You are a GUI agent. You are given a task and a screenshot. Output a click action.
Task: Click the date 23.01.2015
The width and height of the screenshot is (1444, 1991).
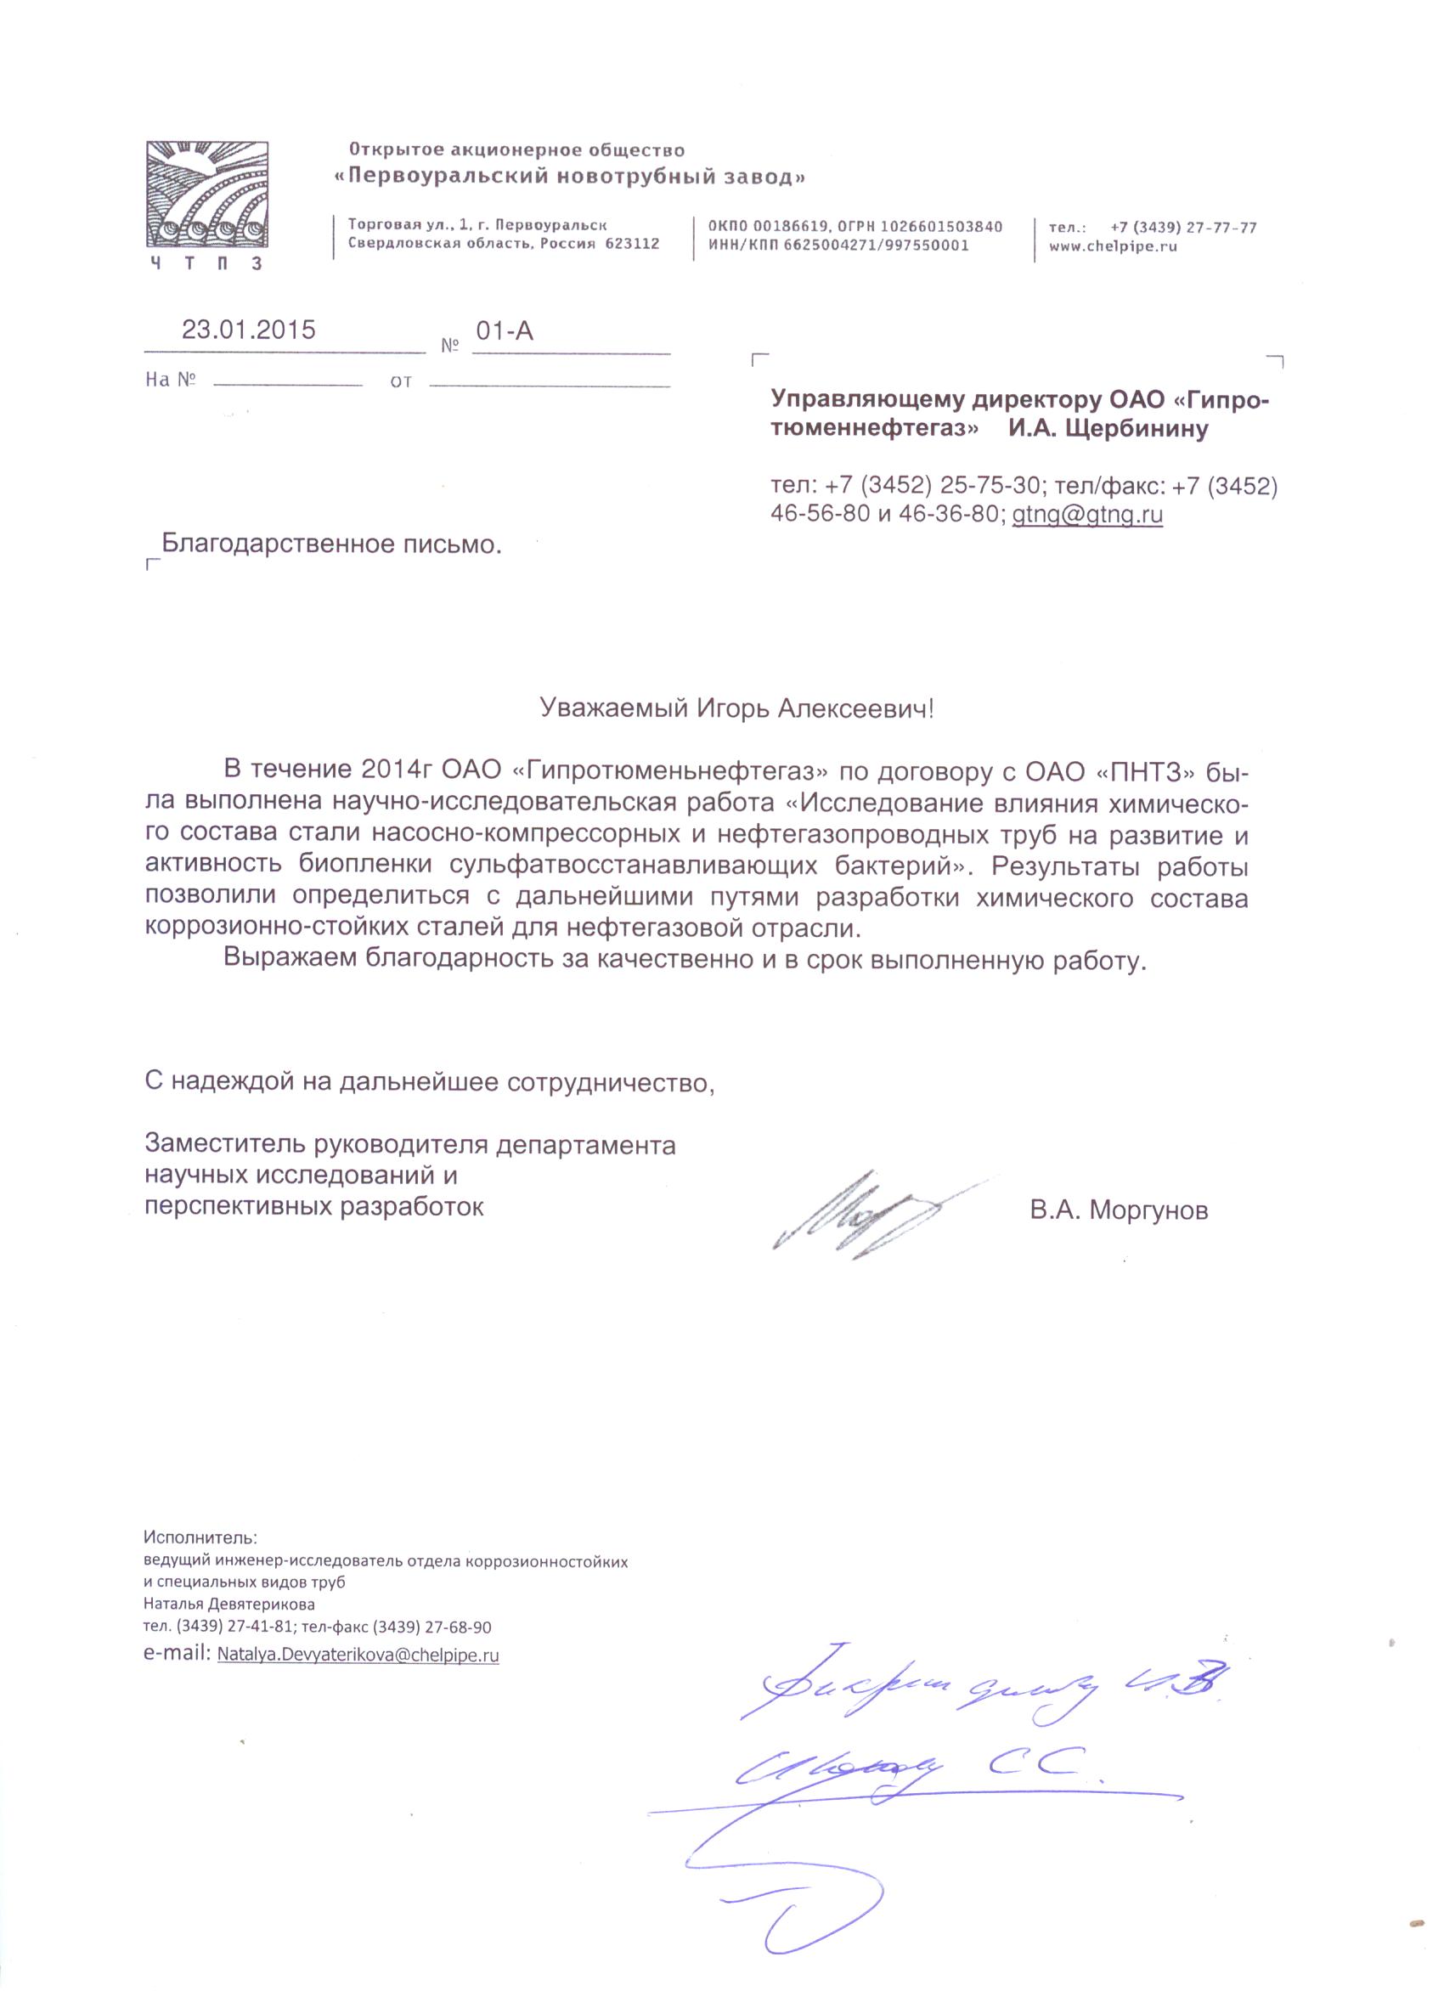point(248,330)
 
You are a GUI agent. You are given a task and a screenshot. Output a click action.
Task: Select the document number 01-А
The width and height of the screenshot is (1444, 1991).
point(504,331)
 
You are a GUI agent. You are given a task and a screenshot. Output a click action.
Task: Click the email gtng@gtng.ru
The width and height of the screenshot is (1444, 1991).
point(1086,515)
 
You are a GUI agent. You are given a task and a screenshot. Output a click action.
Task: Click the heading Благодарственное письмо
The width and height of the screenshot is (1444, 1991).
point(332,544)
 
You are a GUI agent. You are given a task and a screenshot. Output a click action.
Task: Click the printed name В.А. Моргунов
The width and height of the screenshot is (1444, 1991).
point(1120,1211)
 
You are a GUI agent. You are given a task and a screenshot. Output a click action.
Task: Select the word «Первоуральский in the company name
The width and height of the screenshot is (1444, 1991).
point(445,177)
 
